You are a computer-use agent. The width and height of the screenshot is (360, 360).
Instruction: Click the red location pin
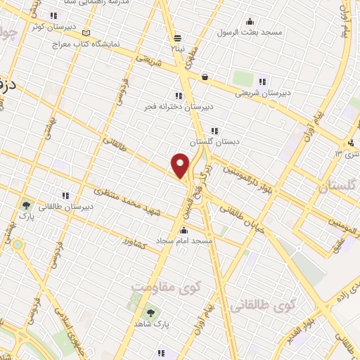[x=181, y=166]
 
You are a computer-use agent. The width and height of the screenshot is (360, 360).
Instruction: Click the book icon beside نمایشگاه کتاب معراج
[x=86, y=32]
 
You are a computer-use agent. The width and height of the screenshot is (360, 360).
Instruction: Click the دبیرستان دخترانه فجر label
[x=180, y=107]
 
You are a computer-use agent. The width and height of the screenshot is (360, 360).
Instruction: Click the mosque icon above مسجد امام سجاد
[x=184, y=230]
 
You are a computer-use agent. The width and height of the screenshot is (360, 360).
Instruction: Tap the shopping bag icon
[x=205, y=77]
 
